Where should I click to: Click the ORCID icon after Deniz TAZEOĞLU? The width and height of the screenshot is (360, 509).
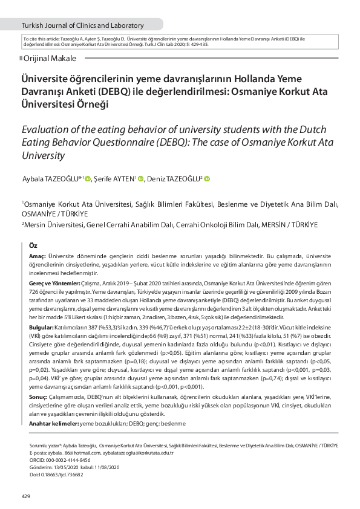click(207, 178)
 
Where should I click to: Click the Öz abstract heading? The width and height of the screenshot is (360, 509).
click(34, 245)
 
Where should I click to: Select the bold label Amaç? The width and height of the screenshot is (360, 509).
click(38, 257)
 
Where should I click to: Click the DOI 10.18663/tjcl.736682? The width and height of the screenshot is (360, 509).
click(57, 475)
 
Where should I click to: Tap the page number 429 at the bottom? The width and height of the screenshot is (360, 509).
click(25, 497)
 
